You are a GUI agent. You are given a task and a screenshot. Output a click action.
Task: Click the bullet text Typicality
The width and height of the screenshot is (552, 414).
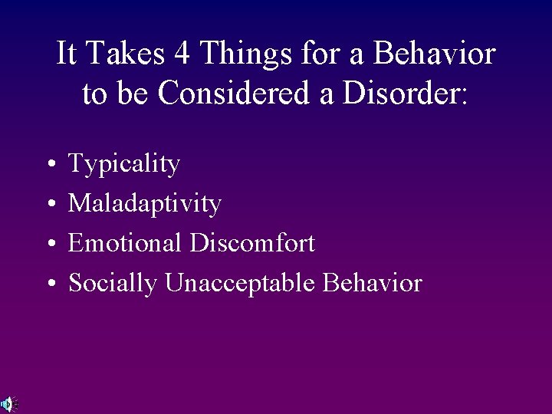(x=124, y=164)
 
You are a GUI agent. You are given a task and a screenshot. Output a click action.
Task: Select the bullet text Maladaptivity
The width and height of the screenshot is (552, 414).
(x=145, y=204)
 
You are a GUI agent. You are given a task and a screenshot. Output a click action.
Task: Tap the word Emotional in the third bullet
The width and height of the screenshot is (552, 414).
(x=125, y=244)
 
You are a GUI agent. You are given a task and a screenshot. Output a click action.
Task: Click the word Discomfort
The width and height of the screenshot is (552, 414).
(x=251, y=244)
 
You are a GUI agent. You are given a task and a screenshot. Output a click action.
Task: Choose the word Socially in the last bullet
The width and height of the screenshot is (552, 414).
(x=113, y=284)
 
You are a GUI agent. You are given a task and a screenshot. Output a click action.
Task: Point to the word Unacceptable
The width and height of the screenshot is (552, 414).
(x=242, y=284)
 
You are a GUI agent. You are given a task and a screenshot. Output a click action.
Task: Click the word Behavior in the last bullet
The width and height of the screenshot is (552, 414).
(x=373, y=284)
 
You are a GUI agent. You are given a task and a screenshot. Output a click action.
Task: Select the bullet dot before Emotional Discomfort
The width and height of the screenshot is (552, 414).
(x=48, y=245)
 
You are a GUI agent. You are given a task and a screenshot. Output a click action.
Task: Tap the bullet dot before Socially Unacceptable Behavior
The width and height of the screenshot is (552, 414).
(x=48, y=284)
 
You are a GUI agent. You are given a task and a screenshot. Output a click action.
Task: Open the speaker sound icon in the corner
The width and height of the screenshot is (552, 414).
(x=6, y=404)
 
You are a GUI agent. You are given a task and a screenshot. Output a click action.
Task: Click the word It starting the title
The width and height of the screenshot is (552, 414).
(x=67, y=54)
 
